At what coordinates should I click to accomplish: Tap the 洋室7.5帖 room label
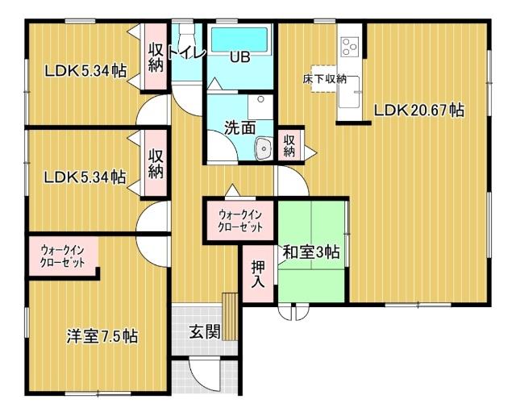point(102,336)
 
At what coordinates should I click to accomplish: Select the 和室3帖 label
point(310,252)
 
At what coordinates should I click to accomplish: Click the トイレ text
point(187,53)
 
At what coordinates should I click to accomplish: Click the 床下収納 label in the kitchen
point(325,78)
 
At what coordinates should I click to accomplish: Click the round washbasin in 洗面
point(263,148)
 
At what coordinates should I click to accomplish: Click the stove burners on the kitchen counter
point(351,46)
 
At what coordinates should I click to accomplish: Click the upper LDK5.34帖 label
point(85,72)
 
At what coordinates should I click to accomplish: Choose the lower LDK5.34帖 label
point(85,177)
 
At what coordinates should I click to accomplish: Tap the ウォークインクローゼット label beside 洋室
point(63,256)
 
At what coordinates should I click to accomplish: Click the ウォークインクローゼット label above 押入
point(241,221)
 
